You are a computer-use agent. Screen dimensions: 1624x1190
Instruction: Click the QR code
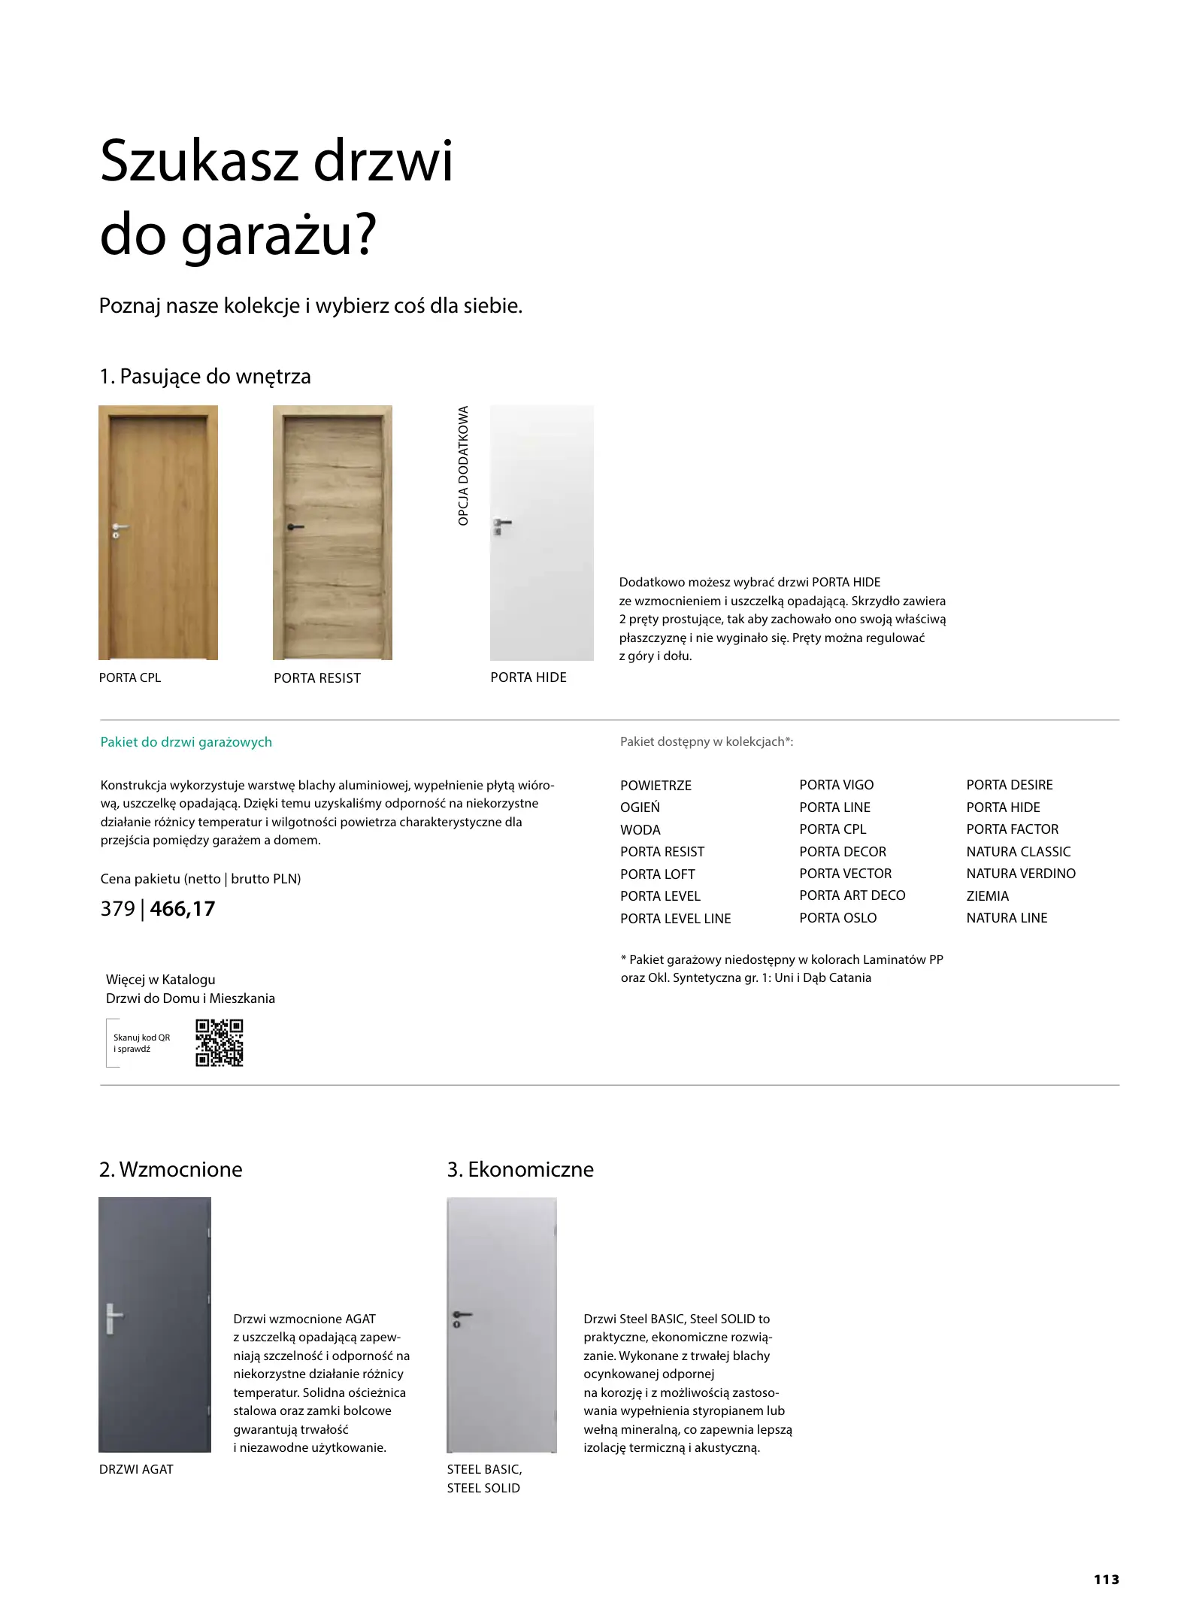pos(219,1043)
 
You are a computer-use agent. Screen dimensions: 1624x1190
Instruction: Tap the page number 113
pos(1106,1579)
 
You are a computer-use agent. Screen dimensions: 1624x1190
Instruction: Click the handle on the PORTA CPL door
pos(119,527)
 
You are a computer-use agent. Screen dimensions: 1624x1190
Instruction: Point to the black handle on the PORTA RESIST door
pos(294,528)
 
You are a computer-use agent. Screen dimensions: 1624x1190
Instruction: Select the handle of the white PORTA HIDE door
pos(501,523)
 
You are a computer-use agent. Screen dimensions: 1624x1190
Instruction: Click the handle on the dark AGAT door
pos(113,1318)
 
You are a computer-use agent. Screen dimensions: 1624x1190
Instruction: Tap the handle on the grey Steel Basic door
pos(461,1315)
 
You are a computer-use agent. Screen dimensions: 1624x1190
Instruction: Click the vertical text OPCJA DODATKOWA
pos(463,465)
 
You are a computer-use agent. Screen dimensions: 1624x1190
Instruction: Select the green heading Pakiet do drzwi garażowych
pos(186,742)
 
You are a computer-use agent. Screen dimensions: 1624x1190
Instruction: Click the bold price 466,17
pos(182,909)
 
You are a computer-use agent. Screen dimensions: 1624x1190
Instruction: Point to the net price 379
pos(117,909)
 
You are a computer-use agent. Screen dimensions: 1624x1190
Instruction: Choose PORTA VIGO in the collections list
pos(836,785)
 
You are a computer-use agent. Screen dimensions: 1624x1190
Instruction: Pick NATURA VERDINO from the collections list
pos(1020,874)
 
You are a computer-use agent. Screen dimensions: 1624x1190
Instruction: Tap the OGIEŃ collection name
pos(640,807)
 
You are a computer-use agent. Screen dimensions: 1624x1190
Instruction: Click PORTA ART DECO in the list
pos(852,895)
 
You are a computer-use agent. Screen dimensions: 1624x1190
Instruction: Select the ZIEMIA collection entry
pos(987,896)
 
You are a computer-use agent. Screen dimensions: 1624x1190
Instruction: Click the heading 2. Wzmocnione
pos(171,1169)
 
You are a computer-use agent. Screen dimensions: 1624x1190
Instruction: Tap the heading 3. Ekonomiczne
pos(520,1169)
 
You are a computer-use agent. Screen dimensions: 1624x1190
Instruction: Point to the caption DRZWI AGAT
pos(136,1469)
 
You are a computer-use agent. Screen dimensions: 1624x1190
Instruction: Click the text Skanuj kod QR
pos(141,1038)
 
